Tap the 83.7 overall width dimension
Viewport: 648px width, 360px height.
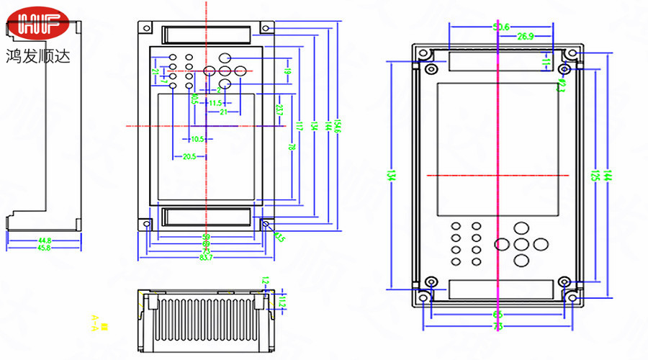(x=206, y=257)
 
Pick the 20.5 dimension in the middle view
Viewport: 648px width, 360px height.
(x=189, y=156)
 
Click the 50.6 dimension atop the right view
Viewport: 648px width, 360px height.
(x=501, y=27)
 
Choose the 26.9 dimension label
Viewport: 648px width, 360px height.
(x=525, y=36)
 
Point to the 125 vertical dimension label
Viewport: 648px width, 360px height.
(x=595, y=176)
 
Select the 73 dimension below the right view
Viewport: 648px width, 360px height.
(x=498, y=328)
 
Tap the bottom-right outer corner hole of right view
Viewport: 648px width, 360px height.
(x=572, y=297)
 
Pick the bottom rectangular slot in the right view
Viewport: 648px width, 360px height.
(x=497, y=290)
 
